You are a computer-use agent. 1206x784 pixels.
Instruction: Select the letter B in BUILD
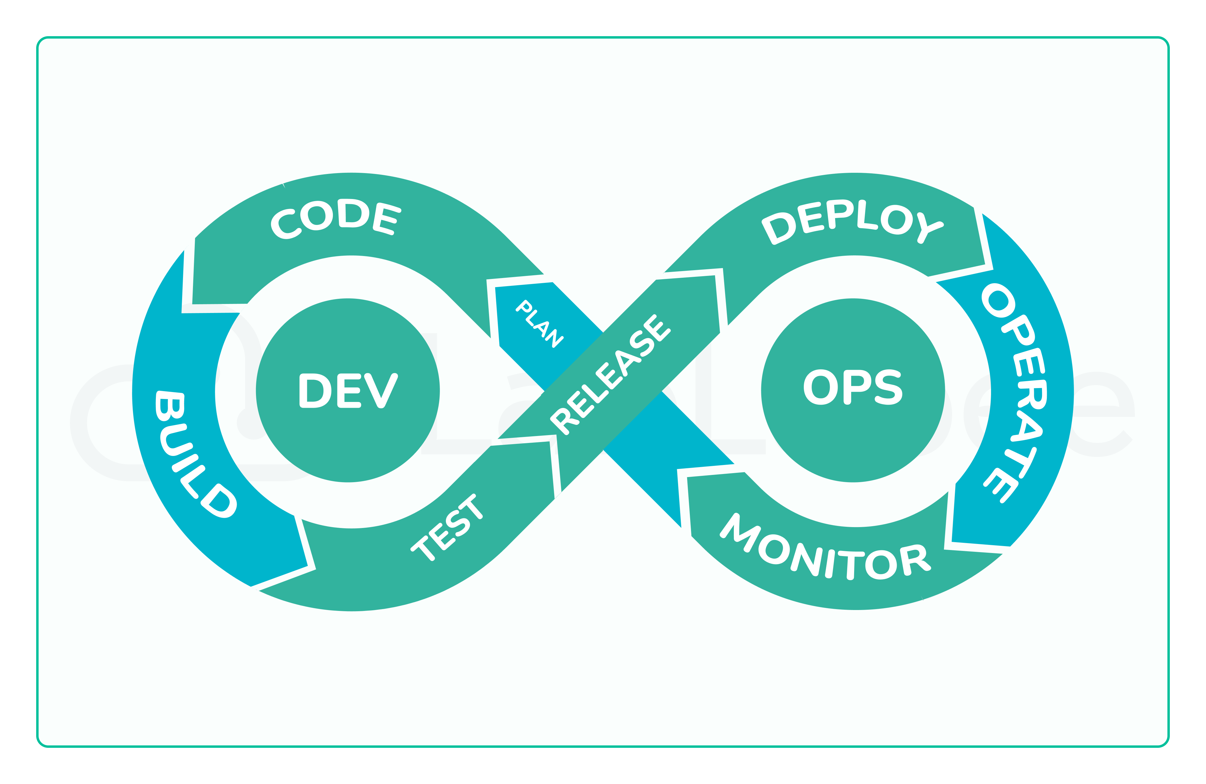[170, 406]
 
